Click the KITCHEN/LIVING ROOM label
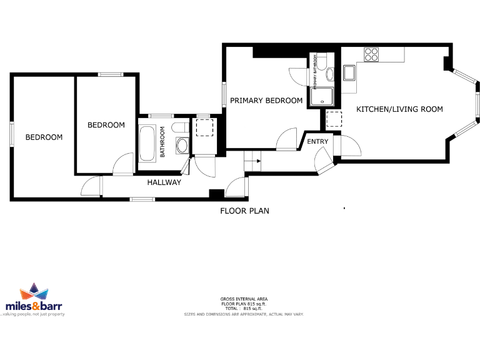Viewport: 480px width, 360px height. click(x=399, y=109)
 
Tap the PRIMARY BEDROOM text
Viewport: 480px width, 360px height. click(x=266, y=101)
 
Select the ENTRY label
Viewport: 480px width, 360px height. click(x=317, y=142)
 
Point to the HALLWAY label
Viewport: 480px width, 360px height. click(x=164, y=182)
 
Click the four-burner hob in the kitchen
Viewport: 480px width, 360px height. click(x=371, y=54)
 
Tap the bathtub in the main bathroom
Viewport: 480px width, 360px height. click(x=149, y=143)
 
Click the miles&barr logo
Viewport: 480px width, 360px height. click(x=34, y=301)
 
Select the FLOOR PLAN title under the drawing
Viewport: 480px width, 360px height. click(x=244, y=211)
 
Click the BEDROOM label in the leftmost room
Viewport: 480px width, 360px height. click(x=44, y=137)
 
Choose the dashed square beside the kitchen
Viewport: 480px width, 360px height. click(x=334, y=118)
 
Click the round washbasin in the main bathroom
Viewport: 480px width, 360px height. click(x=182, y=146)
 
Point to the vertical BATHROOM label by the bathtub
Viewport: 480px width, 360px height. click(x=162, y=142)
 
